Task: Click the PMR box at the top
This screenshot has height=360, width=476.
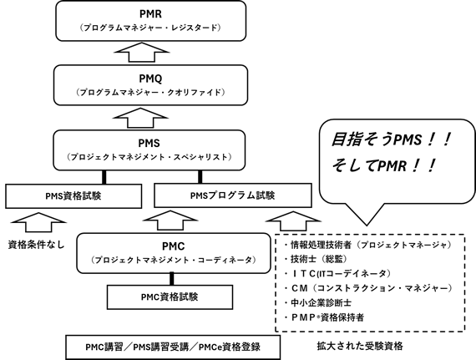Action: [x=150, y=20]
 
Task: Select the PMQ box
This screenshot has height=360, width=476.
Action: [x=150, y=84]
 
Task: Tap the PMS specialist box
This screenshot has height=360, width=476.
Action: [x=150, y=148]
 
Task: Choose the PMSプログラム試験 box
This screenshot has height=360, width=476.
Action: [x=228, y=197]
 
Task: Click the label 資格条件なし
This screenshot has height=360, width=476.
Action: [x=36, y=247]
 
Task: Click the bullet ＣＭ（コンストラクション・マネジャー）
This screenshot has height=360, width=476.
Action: [x=367, y=288]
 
